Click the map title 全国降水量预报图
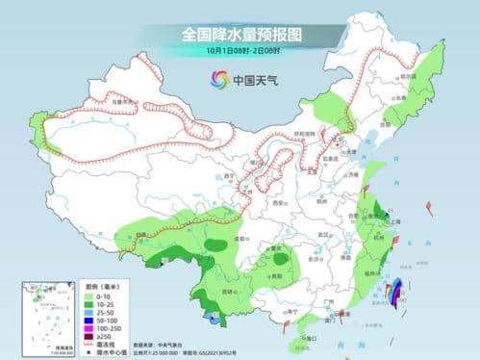(240, 34)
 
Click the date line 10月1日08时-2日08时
(240, 51)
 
